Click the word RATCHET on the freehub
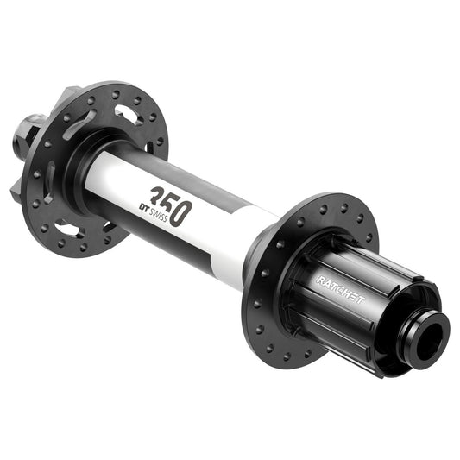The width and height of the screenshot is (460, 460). [x=340, y=289]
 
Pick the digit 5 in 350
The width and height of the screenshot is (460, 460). [x=167, y=204]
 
